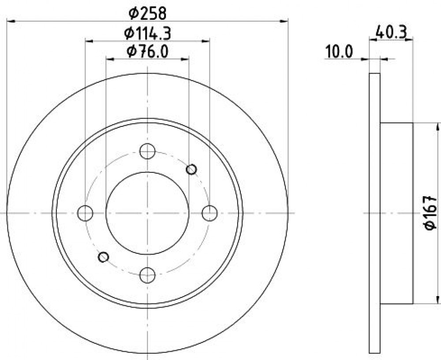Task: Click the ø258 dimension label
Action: [x=147, y=13]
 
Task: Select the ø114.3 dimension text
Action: [x=148, y=34]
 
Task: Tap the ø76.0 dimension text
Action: [x=147, y=52]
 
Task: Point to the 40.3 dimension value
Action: [x=391, y=32]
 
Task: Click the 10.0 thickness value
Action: [x=339, y=52]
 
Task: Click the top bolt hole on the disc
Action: [x=147, y=151]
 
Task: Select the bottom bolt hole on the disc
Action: [x=147, y=275]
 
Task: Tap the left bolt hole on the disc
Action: [x=85, y=213]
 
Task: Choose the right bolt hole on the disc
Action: [x=210, y=213]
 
